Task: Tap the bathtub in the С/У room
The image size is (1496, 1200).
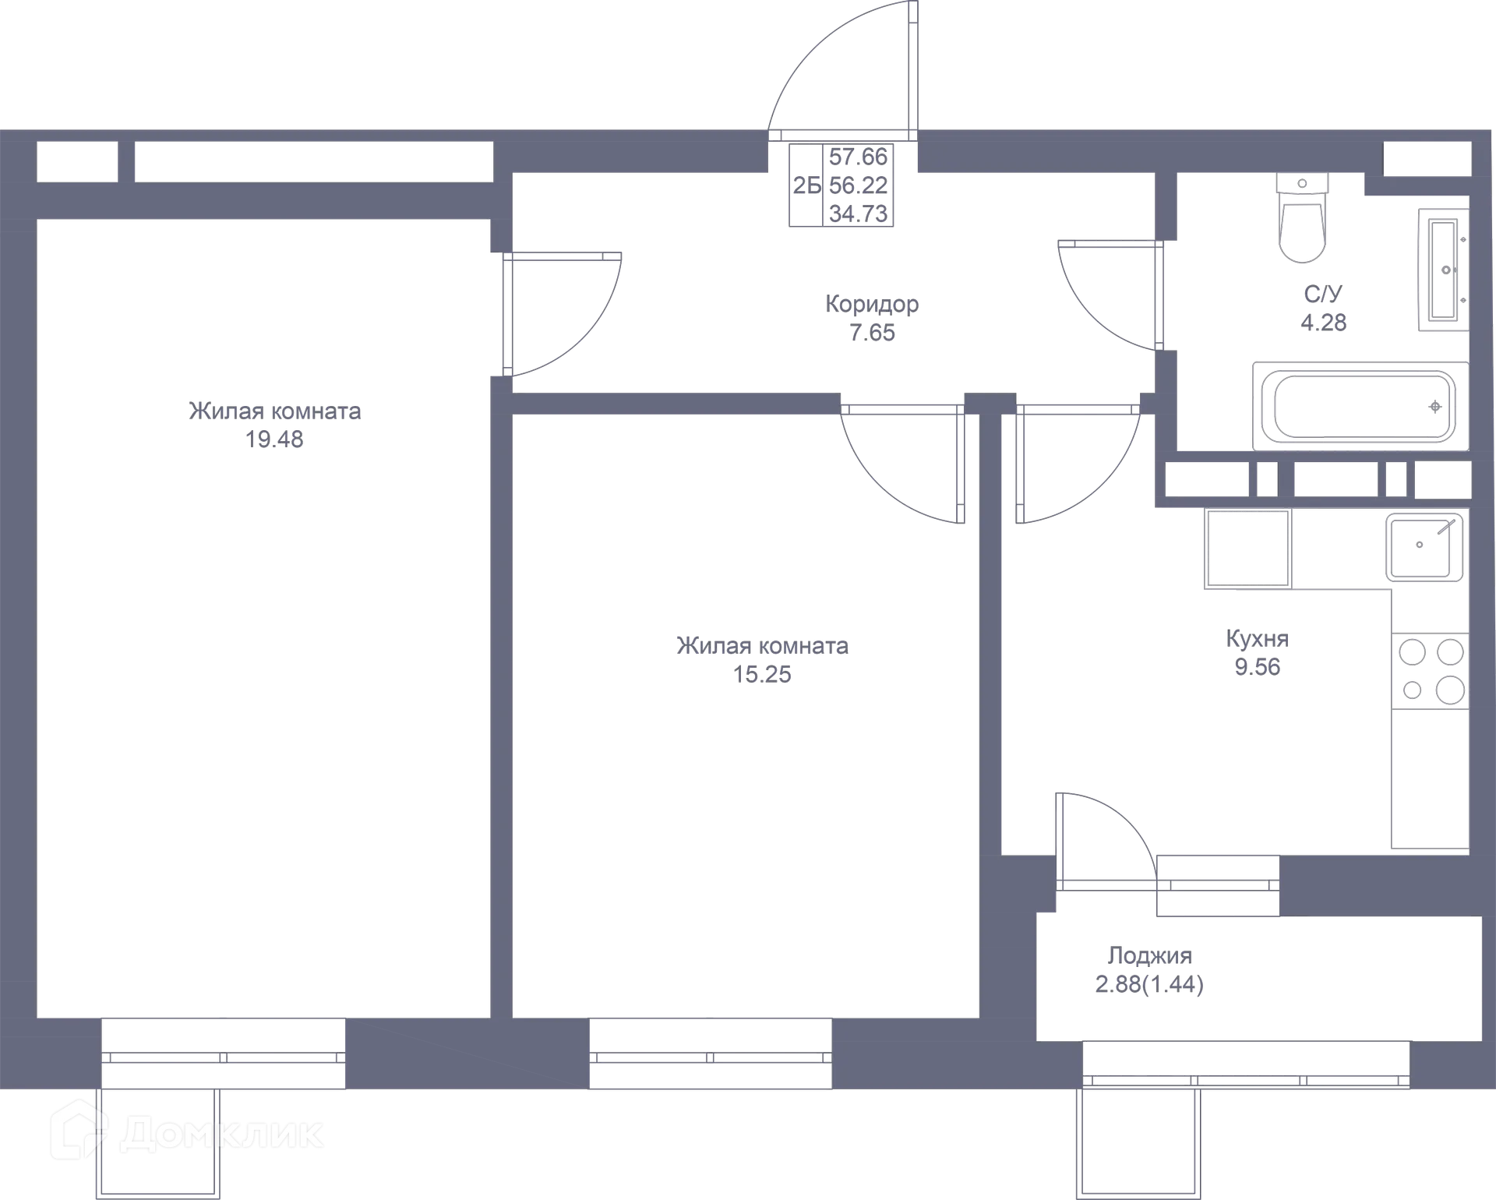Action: coord(1360,406)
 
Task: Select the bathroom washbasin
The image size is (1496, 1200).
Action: coord(1444,270)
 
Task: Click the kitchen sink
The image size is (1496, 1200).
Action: coord(1424,546)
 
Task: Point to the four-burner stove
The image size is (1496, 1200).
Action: coord(1431,671)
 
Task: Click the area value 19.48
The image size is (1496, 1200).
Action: coord(274,439)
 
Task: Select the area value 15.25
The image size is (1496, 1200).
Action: coord(762,675)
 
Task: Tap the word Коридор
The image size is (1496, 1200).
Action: coord(872,304)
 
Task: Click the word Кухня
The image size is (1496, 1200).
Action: coord(1258,639)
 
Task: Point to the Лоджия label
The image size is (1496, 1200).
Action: coord(1150,956)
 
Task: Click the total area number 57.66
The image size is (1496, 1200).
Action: coord(858,157)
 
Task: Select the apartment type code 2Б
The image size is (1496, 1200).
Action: coord(807,185)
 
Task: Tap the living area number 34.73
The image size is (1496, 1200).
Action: coord(858,214)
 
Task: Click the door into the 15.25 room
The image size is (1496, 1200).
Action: coord(902,464)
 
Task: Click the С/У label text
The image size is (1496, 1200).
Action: coord(1324,294)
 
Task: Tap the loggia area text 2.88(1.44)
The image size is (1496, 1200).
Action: coord(1150,985)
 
